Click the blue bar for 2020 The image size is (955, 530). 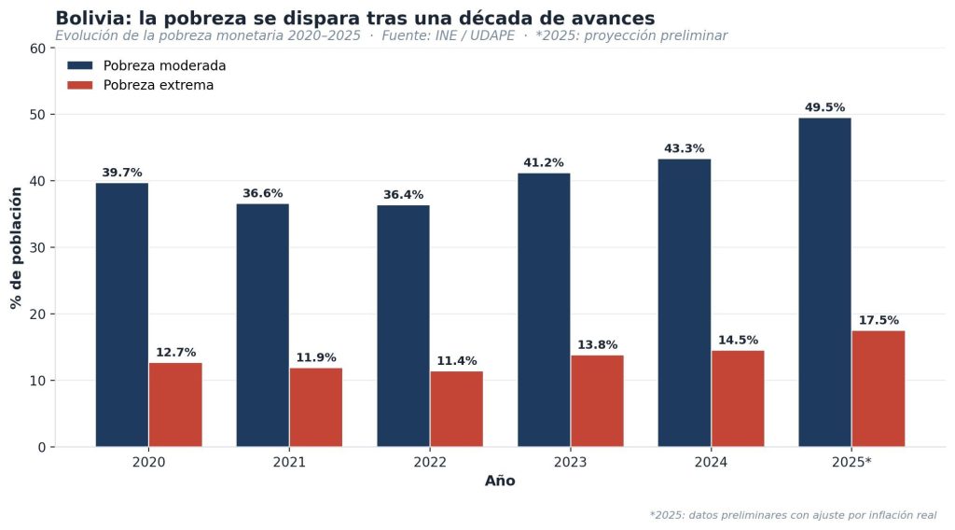(122, 315)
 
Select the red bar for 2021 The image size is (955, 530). (316, 408)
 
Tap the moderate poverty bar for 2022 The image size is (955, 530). (403, 326)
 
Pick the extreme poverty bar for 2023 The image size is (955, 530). (598, 401)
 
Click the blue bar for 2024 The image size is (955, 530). (685, 302)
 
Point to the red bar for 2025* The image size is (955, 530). (879, 389)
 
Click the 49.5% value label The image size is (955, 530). (824, 108)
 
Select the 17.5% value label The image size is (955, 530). (879, 320)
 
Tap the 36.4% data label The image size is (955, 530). (403, 195)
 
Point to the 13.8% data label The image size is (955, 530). (598, 345)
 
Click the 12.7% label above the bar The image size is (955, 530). (176, 353)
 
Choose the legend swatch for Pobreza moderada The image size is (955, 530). (80, 65)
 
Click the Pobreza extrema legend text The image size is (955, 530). (159, 85)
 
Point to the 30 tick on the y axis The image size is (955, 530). (38, 247)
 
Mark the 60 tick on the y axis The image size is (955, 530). (38, 49)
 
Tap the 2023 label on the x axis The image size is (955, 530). (570, 463)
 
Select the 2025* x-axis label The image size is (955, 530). (851, 463)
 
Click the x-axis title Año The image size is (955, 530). (500, 481)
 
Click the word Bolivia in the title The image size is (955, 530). (94, 19)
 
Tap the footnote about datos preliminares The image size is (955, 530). (793, 515)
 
